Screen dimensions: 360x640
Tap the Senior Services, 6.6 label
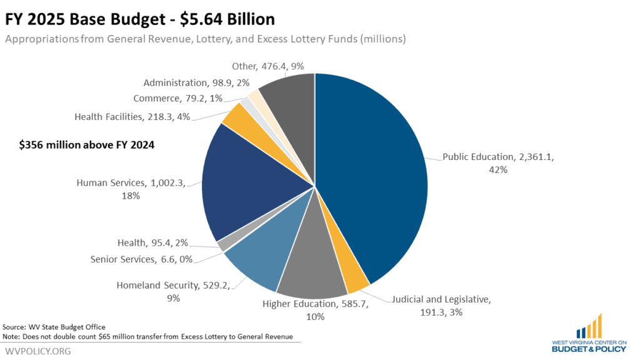tap(141, 259)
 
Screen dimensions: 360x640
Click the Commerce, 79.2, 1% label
tap(178, 98)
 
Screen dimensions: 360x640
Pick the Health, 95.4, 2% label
tap(152, 243)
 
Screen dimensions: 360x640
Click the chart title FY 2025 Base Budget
tap(141, 18)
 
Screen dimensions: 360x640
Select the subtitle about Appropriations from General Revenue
tap(206, 39)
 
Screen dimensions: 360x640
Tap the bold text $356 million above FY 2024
tap(87, 145)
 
